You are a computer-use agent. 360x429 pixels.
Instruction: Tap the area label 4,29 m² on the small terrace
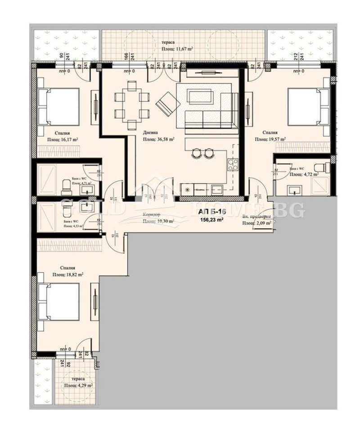tap(78, 386)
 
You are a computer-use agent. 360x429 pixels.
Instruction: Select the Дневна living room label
tap(150, 133)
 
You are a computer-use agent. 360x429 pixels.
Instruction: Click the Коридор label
tap(151, 215)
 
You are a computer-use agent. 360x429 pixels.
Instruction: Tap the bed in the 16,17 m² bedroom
tap(58, 106)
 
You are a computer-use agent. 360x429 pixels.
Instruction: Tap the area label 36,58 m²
tap(158, 140)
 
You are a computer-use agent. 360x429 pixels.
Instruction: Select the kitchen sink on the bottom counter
tap(216, 190)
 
